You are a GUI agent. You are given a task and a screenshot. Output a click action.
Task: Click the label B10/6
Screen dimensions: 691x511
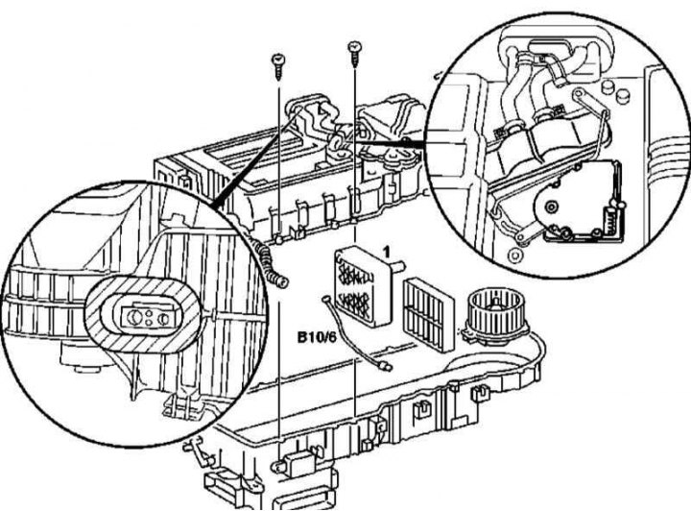(317, 338)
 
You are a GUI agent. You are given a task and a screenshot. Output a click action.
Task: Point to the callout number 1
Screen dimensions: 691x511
(387, 253)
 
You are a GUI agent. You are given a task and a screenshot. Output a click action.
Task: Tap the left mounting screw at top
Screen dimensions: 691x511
(278, 66)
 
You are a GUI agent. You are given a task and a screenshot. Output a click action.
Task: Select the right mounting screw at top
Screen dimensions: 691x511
(355, 54)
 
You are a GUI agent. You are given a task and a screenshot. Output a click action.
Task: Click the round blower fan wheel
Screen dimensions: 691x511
(497, 312)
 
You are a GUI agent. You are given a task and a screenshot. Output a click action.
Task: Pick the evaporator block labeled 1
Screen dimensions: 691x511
(361, 285)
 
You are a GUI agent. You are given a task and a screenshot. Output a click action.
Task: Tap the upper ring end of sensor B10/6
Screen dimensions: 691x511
(327, 299)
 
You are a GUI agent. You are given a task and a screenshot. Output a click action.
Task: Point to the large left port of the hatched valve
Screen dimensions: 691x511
(131, 316)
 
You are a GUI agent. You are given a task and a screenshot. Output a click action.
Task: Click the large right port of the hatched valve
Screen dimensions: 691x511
(163, 318)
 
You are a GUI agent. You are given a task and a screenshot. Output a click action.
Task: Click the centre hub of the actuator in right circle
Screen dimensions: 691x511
(551, 207)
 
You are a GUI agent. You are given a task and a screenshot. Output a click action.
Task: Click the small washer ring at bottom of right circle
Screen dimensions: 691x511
(513, 255)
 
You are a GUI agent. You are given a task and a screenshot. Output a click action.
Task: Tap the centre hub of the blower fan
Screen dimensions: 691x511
(497, 304)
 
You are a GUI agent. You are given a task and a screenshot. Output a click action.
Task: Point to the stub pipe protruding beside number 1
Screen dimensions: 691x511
(398, 265)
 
